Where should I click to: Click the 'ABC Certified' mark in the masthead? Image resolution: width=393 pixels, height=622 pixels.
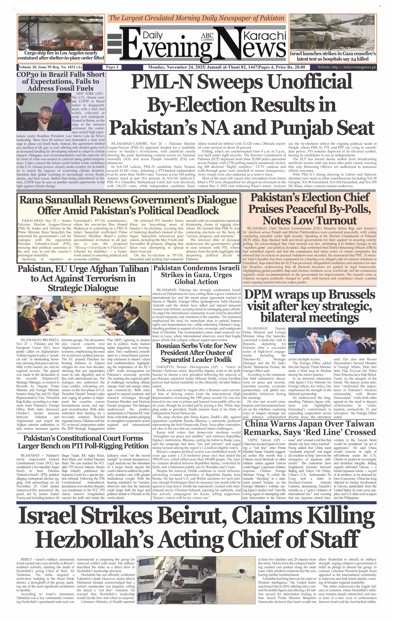(207, 37)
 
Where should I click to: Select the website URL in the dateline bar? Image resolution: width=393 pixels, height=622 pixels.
(347, 67)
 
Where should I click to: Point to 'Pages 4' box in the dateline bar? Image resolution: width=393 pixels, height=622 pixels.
(112, 67)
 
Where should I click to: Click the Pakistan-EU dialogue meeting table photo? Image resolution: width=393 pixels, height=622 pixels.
(83, 315)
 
